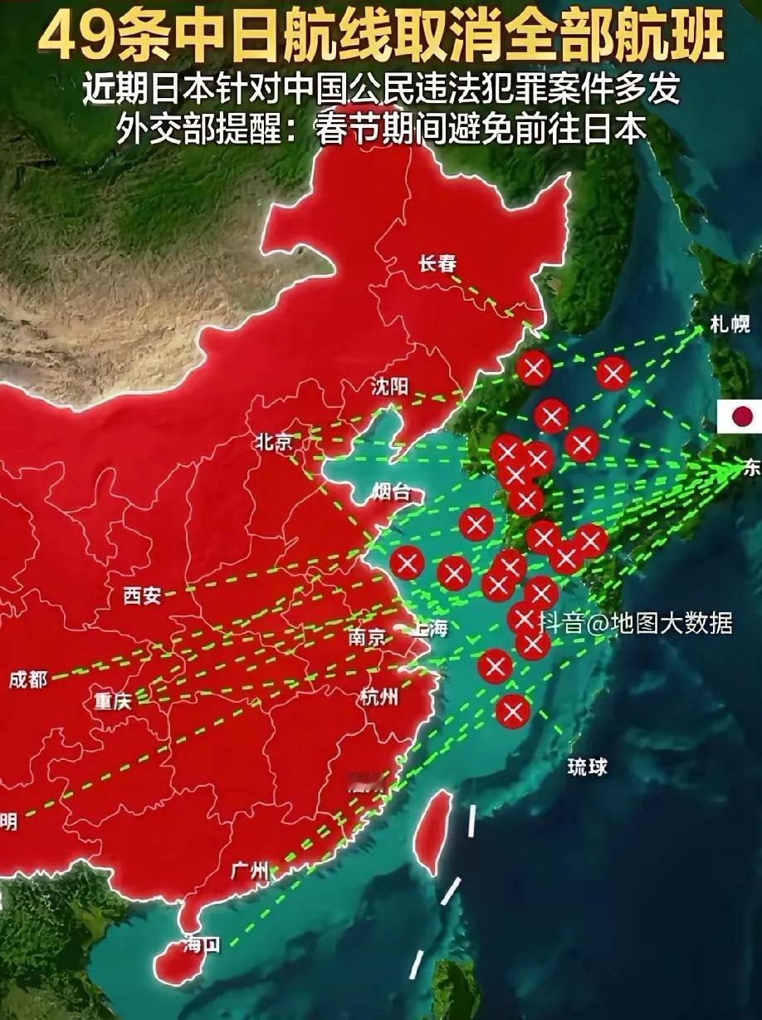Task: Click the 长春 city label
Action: click(437, 264)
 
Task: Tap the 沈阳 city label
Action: click(390, 385)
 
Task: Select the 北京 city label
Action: click(274, 442)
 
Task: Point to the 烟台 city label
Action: click(391, 493)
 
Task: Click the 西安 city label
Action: click(142, 595)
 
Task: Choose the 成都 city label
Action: click(28, 679)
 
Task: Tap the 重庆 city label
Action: click(112, 702)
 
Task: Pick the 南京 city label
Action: click(367, 638)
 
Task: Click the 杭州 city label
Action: click(379, 696)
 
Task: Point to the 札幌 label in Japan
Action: click(730, 324)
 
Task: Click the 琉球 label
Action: click(587, 767)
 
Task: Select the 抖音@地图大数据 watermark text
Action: click(636, 623)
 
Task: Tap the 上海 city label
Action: click(428, 629)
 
